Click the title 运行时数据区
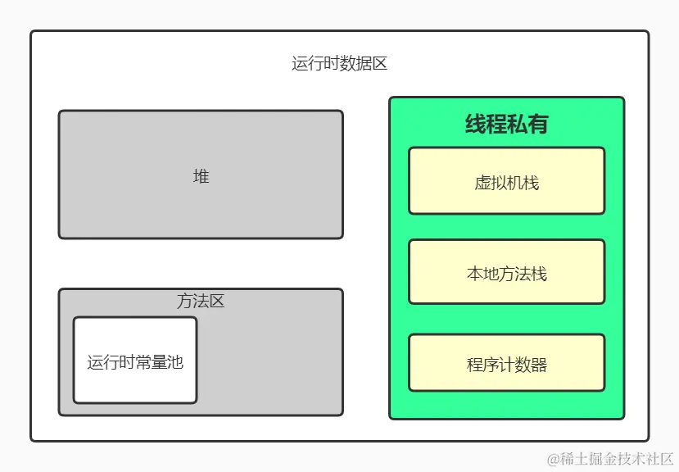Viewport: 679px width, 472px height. tap(339, 64)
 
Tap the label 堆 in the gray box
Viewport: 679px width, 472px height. tap(201, 176)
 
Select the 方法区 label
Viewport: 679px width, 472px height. tap(201, 302)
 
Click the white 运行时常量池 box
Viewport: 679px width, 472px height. tap(135, 361)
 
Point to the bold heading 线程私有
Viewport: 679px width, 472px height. tap(506, 124)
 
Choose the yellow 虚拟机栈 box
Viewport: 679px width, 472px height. tap(506, 182)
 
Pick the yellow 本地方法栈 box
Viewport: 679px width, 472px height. tap(506, 274)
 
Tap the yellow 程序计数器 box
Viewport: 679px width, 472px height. tap(506, 365)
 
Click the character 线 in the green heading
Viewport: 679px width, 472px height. tap(476, 124)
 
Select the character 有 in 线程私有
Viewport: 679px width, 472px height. tap(538, 124)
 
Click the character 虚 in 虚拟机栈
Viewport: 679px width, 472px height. tap(482, 182)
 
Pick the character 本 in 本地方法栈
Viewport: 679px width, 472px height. tap(474, 274)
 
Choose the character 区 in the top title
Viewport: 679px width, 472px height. tap(379, 64)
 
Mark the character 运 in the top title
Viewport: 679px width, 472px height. tap(300, 64)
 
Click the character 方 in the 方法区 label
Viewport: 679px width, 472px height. tap(185, 302)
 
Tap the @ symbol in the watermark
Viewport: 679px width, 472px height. tap(553, 459)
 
